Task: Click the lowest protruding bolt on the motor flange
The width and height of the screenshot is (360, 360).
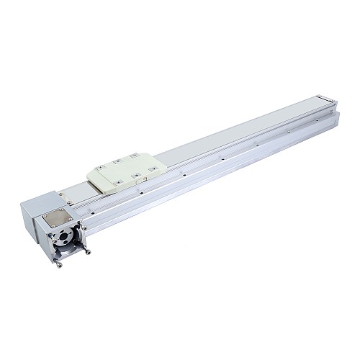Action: click(60, 264)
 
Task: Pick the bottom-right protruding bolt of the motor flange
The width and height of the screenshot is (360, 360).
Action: click(87, 251)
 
